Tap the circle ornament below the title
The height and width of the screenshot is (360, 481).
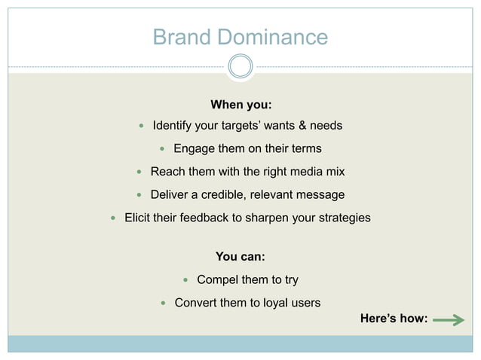(x=240, y=66)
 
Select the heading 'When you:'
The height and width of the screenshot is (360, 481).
(x=240, y=104)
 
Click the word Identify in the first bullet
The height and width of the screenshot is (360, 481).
(x=175, y=125)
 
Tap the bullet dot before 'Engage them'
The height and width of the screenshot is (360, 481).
(x=161, y=149)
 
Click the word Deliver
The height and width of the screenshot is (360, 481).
(x=170, y=195)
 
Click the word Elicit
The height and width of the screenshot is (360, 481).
(x=139, y=218)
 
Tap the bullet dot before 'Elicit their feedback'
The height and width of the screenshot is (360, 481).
(x=113, y=218)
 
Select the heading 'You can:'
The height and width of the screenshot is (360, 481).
(x=240, y=258)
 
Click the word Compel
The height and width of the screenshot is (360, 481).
(x=217, y=280)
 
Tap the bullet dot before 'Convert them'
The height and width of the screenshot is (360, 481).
(x=164, y=304)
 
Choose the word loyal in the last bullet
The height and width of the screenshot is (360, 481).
(x=273, y=303)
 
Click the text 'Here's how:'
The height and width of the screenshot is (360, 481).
(x=394, y=319)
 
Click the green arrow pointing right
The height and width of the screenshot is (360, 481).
(x=449, y=321)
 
